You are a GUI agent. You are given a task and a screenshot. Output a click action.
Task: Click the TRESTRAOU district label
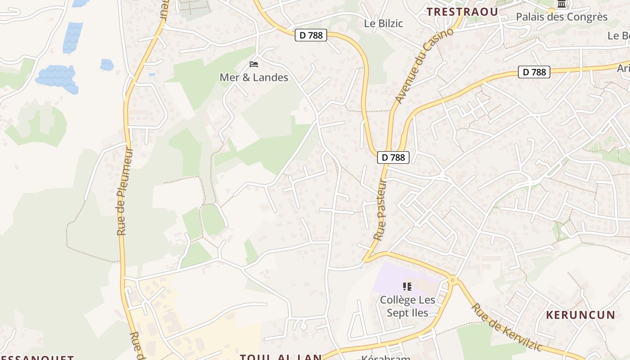(x=463, y=12)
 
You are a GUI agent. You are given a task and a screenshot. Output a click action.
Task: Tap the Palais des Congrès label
(x=562, y=17)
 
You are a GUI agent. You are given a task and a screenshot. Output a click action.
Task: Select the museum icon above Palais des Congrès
(x=562, y=4)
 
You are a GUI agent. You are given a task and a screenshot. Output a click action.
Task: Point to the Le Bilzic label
(x=383, y=23)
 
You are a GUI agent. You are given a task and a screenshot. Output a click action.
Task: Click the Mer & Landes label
(x=254, y=77)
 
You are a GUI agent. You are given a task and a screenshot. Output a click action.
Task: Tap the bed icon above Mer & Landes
(x=254, y=64)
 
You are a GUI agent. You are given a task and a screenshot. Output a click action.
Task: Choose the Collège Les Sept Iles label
(x=407, y=306)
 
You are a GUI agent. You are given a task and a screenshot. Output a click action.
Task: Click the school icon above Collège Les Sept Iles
(x=407, y=287)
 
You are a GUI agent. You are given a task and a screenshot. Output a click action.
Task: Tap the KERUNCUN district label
(x=580, y=315)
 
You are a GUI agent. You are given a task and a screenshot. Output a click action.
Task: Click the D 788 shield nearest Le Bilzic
(x=311, y=35)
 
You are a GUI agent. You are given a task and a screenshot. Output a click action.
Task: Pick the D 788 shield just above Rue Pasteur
(x=393, y=157)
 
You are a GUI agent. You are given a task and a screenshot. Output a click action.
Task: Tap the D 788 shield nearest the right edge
(x=534, y=72)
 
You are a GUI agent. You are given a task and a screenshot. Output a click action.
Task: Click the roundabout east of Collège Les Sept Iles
(x=453, y=280)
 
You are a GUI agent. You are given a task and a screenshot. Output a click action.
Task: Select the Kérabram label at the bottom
(x=386, y=358)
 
